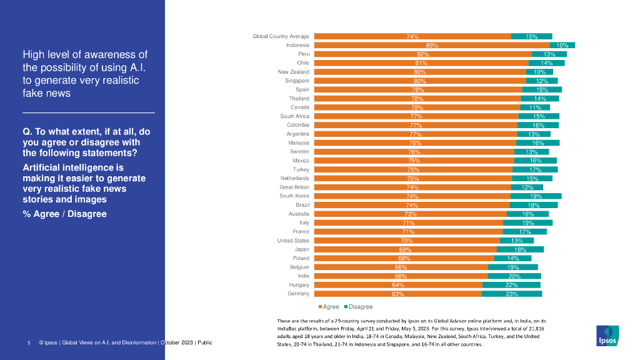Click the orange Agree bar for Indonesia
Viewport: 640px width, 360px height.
point(431,45)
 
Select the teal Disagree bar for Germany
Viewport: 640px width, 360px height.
point(511,294)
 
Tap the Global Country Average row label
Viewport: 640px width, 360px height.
point(281,36)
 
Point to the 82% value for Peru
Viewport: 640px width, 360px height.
point(422,54)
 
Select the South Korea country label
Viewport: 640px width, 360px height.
point(294,196)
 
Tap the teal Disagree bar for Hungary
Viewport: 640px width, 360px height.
point(511,285)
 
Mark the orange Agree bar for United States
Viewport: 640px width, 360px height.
point(406,241)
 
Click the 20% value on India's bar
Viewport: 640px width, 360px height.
point(514,276)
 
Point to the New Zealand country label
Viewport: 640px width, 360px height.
point(294,72)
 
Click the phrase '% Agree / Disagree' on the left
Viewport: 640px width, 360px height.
point(64,214)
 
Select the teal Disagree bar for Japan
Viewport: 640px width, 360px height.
point(520,249)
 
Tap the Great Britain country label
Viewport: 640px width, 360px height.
point(294,187)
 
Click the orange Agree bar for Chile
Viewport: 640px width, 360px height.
point(421,63)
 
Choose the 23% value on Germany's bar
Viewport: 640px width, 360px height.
point(512,294)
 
